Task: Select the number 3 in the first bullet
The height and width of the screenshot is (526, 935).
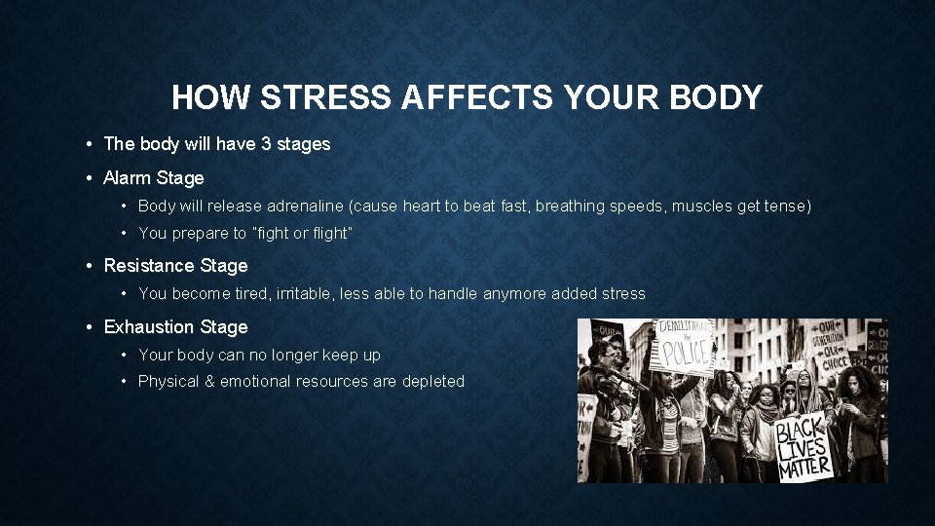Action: (265, 144)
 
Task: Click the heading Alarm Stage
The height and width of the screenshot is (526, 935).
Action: (154, 178)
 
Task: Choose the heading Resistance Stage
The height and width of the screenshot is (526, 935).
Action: (175, 266)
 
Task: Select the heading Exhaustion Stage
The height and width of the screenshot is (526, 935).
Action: (175, 327)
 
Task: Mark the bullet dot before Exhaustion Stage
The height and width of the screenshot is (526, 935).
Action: (89, 327)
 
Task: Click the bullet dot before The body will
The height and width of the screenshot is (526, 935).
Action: (89, 144)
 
